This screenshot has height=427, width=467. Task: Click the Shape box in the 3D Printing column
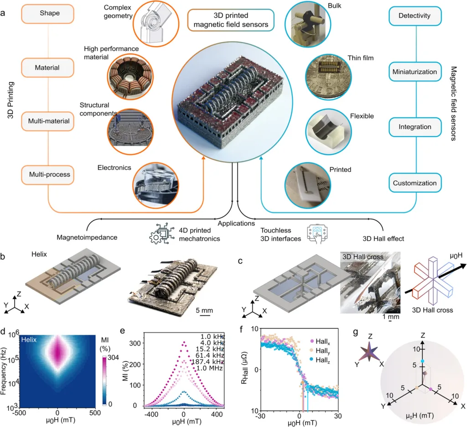[47, 14]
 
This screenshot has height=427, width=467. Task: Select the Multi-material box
[47, 121]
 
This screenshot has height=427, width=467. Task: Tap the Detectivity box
[415, 16]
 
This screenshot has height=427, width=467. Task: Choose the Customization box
[415, 183]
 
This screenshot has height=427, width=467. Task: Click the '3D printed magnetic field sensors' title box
[231, 20]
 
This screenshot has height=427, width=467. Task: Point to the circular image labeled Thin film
[328, 77]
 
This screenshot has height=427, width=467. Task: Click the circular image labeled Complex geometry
[156, 24]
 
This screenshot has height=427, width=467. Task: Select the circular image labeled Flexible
[329, 132]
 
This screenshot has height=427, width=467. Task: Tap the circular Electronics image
[156, 185]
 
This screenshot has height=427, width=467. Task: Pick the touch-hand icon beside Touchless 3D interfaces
[317, 234]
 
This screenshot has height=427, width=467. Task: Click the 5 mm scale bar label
[204, 311]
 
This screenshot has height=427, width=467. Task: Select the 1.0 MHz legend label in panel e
[209, 368]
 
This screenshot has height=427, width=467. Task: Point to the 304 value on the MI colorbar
[113, 357]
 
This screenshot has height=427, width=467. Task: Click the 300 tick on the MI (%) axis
[135, 343]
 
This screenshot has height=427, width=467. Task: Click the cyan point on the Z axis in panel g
[422, 361]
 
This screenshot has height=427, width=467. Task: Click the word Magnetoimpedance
[87, 237]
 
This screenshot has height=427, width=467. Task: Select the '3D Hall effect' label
[383, 238]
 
